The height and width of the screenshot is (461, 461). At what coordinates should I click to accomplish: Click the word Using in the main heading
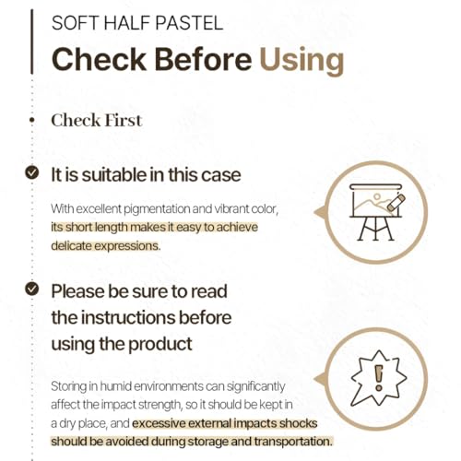[301, 60]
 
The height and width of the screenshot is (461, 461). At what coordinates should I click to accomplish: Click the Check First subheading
[97, 120]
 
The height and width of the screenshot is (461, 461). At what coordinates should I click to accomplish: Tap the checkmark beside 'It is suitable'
[32, 172]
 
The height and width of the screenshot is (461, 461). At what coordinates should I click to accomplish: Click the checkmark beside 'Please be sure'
[32, 289]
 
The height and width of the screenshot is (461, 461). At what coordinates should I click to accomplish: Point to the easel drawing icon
[376, 212]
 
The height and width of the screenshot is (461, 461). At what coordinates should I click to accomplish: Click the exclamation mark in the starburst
[379, 378]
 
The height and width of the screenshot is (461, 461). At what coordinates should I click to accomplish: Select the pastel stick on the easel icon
[396, 203]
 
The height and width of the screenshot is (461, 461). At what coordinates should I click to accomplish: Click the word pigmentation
[157, 209]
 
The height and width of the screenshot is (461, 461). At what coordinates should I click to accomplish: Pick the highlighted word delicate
[71, 246]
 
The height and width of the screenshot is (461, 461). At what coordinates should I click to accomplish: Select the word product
[160, 345]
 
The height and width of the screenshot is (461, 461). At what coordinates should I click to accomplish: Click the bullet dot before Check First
[31, 121]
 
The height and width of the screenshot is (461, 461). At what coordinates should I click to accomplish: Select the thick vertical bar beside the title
[31, 41]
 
